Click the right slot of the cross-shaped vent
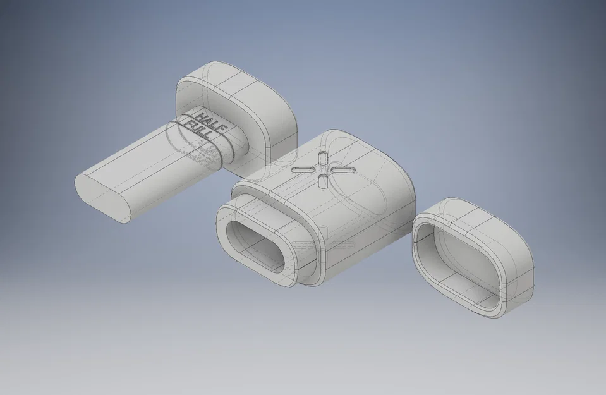click(x=342, y=171)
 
